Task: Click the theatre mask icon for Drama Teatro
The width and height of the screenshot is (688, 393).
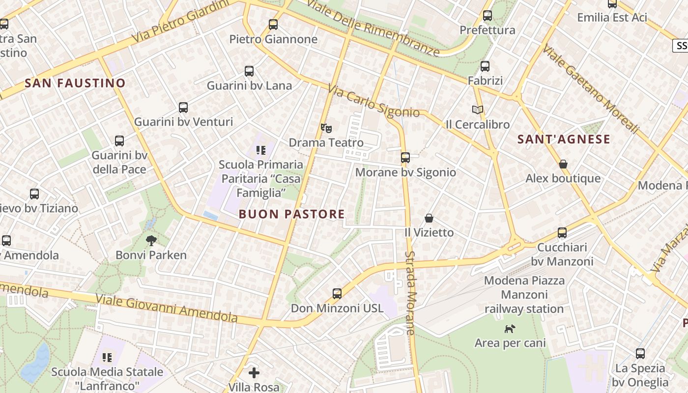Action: coord(326,128)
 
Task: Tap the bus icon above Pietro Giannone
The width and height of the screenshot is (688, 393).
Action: coord(273,24)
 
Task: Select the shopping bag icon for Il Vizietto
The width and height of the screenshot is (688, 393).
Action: coord(429,218)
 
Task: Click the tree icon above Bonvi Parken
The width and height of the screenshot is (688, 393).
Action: coord(151,240)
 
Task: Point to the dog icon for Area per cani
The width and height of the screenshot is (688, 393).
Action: coord(510,328)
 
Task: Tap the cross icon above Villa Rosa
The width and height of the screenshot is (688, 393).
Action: coord(254,373)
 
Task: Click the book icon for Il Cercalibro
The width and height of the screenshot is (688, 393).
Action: coord(478,110)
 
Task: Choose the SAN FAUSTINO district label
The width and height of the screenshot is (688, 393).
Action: coord(75,83)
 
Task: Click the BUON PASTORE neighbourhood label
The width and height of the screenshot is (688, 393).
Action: coord(292,214)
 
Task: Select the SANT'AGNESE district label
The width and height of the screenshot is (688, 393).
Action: coord(564,140)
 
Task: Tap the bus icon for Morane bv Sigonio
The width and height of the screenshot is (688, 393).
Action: coord(405,158)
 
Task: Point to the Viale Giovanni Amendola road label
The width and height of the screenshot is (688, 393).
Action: coord(167,309)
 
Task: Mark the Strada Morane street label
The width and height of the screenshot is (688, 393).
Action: coord(411,293)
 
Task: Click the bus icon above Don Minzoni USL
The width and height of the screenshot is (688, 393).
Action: coord(337,294)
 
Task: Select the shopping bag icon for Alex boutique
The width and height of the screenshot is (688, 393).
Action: coord(563,164)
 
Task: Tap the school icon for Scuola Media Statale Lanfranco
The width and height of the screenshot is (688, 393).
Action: coord(107,357)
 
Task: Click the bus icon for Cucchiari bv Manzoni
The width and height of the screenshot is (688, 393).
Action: coord(562,233)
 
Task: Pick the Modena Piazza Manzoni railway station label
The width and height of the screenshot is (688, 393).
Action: coord(524,295)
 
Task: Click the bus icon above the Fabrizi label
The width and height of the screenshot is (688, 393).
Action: coord(485,66)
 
